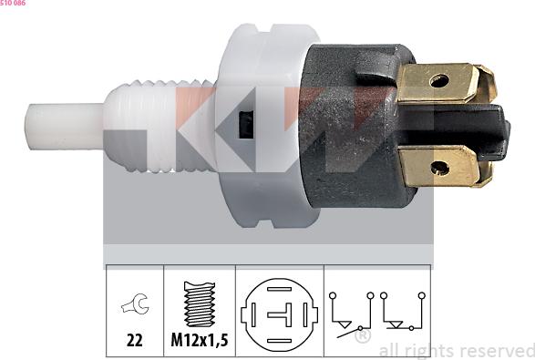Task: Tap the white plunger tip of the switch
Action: coord(65,128)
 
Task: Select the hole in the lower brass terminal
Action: coord(439,167)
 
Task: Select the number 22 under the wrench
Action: coord(134,343)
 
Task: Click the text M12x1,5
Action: coord(200,343)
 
